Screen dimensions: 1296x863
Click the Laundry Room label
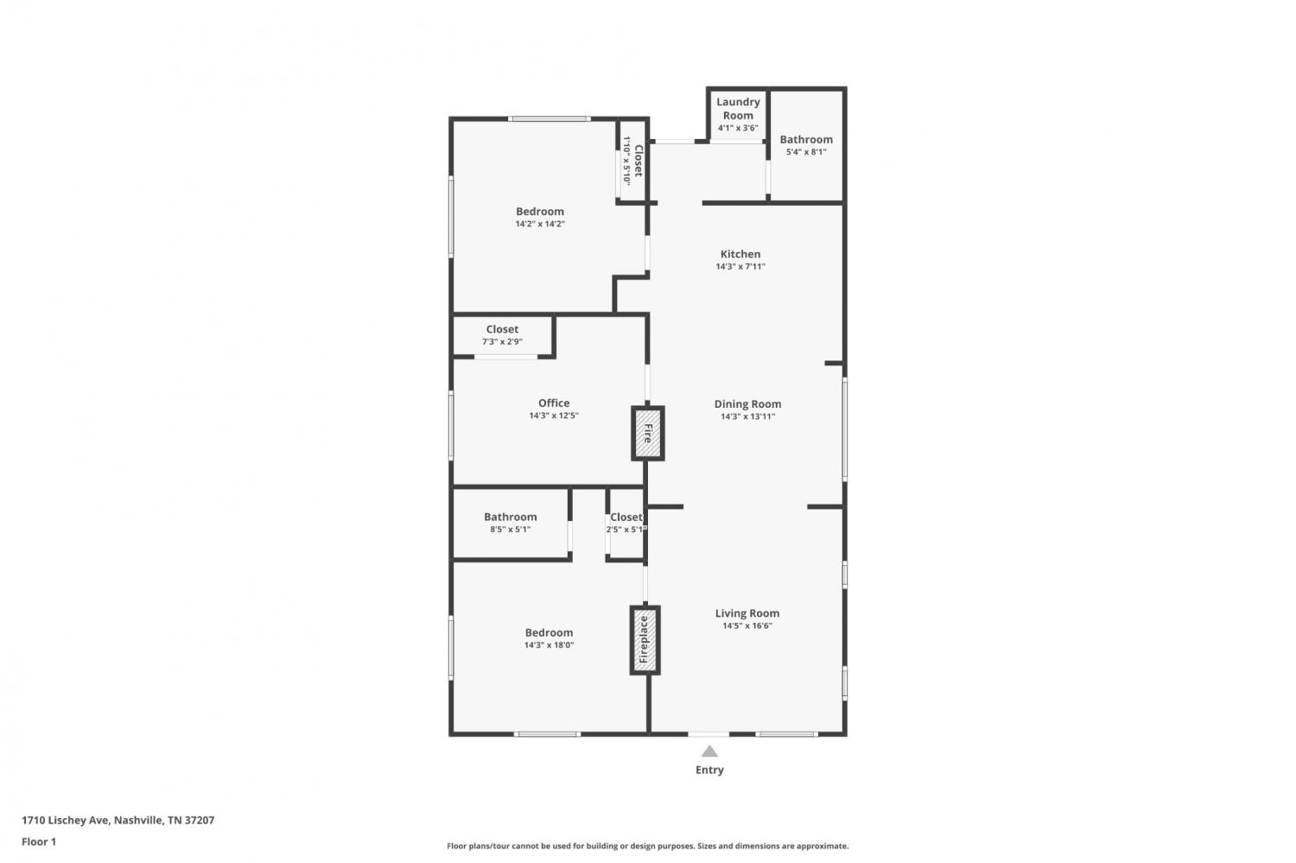pyautogui.click(x=738, y=108)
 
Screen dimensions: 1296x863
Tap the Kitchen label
pyautogui.click(x=740, y=254)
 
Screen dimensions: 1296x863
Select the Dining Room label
pyautogui.click(x=747, y=403)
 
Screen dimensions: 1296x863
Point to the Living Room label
pyautogui.click(x=747, y=613)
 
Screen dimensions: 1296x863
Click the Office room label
pyautogui.click(x=554, y=403)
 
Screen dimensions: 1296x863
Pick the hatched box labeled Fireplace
pyautogui.click(x=645, y=640)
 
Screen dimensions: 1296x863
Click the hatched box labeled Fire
pyautogui.click(x=647, y=434)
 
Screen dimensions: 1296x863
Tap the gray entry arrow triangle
pyautogui.click(x=709, y=751)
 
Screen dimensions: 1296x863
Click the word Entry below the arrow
pyautogui.click(x=709, y=770)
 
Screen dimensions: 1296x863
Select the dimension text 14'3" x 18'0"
pyautogui.click(x=549, y=645)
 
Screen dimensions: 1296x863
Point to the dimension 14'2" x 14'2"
pyautogui.click(x=540, y=224)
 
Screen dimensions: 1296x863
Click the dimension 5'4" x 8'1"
pyautogui.click(x=806, y=152)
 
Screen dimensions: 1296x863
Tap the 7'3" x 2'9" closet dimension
pyautogui.click(x=502, y=342)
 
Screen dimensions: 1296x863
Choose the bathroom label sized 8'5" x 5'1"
pyautogui.click(x=511, y=517)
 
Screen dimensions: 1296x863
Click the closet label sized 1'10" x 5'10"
pyautogui.click(x=638, y=161)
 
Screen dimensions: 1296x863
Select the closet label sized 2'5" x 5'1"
pyautogui.click(x=626, y=517)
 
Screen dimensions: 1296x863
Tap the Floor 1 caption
pyautogui.click(x=39, y=841)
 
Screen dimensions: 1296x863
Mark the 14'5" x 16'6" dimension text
pyautogui.click(x=747, y=625)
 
